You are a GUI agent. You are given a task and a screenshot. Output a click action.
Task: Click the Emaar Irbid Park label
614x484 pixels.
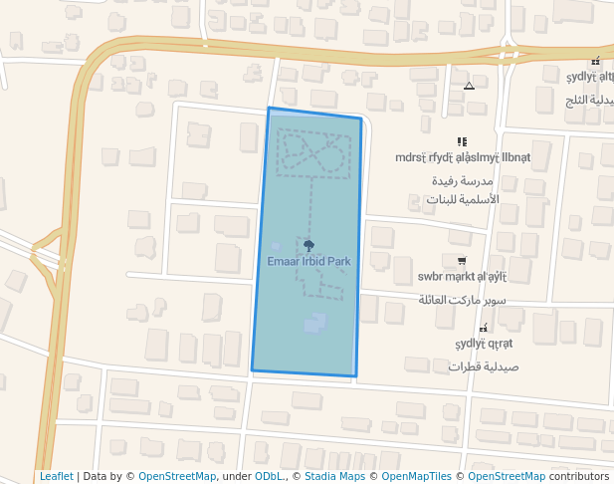point(308,261)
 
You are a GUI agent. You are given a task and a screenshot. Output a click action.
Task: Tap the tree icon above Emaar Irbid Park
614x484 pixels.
point(308,244)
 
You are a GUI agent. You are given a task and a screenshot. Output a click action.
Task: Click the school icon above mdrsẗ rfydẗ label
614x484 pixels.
point(462,142)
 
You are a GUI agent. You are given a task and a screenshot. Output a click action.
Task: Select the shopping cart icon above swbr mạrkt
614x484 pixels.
point(462,261)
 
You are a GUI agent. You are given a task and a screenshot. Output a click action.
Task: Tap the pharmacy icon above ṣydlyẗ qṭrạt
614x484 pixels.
point(484,328)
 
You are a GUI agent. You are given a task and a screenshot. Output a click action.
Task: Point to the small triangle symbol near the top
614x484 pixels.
point(469,86)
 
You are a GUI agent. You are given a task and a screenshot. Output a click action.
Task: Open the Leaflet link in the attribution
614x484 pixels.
point(57,476)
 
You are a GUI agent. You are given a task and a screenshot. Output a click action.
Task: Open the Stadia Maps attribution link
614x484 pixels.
point(334,476)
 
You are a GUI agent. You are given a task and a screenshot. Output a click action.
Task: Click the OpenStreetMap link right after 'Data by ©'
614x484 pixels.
point(177,476)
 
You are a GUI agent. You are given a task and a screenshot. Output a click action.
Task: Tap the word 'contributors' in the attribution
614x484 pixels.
point(579,476)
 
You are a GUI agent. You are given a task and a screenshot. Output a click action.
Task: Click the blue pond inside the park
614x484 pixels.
point(314,323)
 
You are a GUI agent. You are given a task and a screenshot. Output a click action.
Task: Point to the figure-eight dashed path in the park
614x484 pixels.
point(314,154)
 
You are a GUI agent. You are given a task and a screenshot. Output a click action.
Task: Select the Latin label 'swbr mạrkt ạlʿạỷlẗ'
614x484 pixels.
point(463,277)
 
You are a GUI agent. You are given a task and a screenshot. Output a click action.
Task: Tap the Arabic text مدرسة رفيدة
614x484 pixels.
point(464,181)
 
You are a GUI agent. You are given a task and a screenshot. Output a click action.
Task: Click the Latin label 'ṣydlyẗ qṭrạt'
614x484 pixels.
point(484,344)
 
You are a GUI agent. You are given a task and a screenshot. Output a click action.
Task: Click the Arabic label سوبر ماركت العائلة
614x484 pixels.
point(463,299)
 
